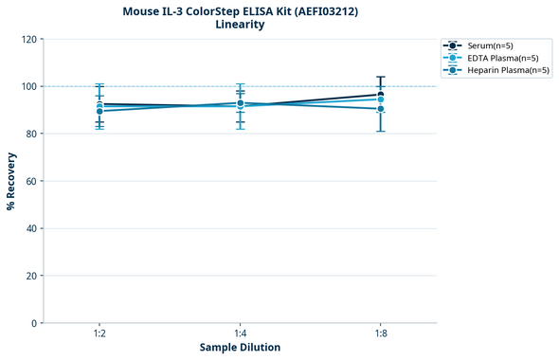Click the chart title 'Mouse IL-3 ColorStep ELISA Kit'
[240, 10]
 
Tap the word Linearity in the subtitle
[240, 25]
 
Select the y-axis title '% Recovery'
[11, 181]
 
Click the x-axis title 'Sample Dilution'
[240, 348]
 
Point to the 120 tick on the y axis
[28, 39]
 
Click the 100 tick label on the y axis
[28, 86]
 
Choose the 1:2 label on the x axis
[99, 334]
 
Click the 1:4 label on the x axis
[240, 334]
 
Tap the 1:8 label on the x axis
[380, 334]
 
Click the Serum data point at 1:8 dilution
[380, 95]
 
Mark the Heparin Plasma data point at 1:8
[380, 109]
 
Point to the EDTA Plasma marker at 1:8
[380, 99]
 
